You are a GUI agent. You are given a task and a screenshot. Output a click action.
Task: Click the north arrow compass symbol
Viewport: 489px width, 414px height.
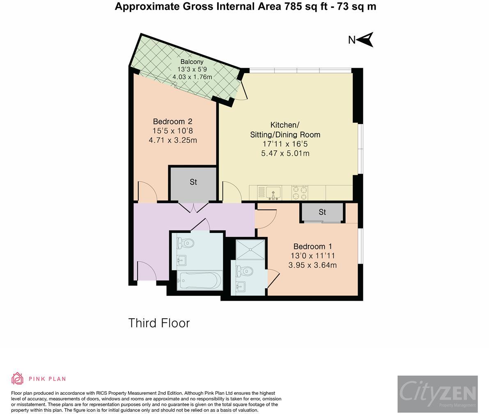[366, 39]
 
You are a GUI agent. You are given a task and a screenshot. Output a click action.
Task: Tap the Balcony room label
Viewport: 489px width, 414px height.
[192, 62]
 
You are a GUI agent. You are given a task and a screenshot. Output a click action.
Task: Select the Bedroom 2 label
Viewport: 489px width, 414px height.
[172, 121]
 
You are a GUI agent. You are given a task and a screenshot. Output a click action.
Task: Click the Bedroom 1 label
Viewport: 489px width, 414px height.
[312, 246]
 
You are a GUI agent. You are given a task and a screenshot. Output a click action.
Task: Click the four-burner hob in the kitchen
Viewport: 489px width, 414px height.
[299, 193]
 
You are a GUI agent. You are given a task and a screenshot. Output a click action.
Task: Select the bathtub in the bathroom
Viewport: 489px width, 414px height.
[200, 281]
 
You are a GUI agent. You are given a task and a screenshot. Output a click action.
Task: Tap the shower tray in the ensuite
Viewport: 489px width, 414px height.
[250, 249]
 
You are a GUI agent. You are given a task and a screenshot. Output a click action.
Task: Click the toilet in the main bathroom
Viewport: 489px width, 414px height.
[185, 243]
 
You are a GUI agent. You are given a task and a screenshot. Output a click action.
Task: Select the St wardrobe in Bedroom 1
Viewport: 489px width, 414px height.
[322, 212]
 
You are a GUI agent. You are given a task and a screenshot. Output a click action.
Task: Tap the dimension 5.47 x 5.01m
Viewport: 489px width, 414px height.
[285, 153]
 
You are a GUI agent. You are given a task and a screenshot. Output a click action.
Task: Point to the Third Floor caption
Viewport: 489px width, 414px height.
[159, 323]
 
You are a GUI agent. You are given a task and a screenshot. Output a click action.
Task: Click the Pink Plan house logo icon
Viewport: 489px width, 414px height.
[18, 378]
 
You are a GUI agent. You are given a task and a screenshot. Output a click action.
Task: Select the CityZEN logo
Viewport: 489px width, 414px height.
[438, 394]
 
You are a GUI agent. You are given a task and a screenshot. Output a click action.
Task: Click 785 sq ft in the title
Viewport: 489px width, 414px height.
[305, 6]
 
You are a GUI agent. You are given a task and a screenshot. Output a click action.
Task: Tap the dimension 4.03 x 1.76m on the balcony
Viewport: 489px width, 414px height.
[192, 77]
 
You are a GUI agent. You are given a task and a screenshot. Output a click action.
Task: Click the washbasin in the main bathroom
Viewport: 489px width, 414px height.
[181, 260]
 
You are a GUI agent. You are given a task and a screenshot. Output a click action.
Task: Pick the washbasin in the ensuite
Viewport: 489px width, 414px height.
[241, 287]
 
